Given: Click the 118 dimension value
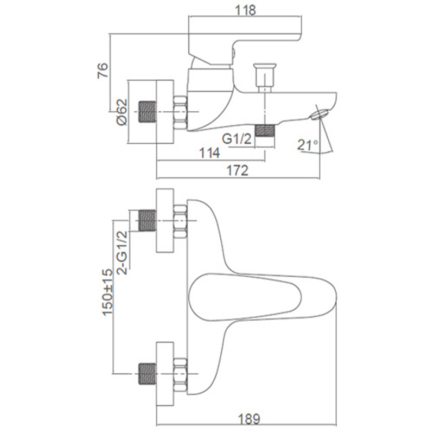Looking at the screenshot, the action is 245,10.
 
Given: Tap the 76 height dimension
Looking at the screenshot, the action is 103,71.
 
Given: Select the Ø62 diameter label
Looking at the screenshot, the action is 122,112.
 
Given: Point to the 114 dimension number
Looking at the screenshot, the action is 209,153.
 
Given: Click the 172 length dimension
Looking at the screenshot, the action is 238,170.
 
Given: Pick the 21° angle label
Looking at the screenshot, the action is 308,145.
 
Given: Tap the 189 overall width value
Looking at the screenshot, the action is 249,419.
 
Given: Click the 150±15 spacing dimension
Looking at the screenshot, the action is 107,292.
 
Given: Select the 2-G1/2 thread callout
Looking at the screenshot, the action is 122,252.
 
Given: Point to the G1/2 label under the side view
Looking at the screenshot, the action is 237,139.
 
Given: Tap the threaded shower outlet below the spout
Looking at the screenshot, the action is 265,131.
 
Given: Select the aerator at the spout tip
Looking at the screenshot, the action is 320,114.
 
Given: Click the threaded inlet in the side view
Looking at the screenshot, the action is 147,112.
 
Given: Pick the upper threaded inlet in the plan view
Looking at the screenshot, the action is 147,220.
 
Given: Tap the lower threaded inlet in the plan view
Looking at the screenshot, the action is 147,374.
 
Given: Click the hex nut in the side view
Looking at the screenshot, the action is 180,112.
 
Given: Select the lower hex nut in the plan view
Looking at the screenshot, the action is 180,374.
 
